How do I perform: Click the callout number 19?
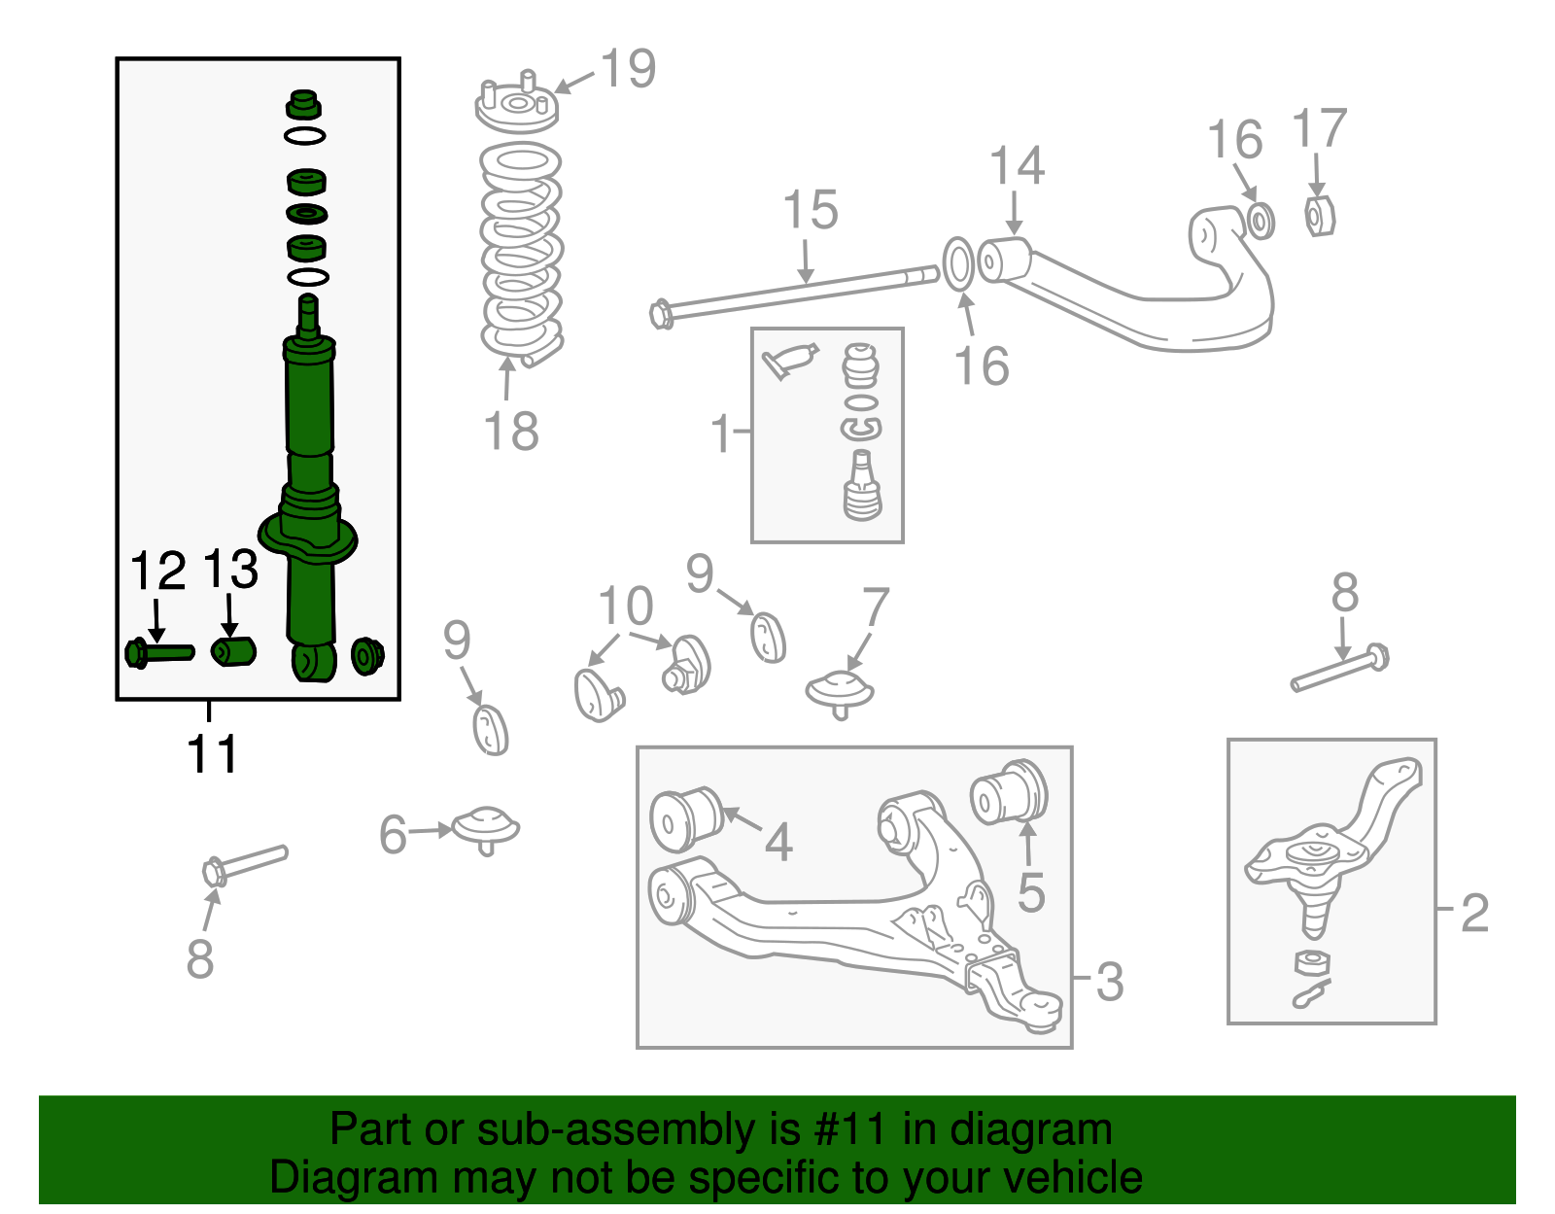click(628, 69)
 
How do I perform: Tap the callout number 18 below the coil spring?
click(510, 432)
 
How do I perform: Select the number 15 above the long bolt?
click(810, 211)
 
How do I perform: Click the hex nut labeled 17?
click(1319, 216)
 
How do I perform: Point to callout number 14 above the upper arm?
click(1017, 166)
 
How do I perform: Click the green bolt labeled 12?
click(158, 652)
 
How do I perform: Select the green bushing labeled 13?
click(233, 650)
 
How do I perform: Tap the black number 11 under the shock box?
click(212, 753)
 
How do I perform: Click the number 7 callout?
click(875, 608)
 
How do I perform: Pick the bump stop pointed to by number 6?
click(487, 829)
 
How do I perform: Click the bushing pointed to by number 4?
click(686, 818)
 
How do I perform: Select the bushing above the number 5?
click(1010, 791)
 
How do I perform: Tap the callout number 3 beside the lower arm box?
click(1109, 982)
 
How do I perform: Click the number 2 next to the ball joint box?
click(1474, 913)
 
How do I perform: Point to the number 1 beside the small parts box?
click(720, 434)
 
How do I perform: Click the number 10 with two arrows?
click(625, 607)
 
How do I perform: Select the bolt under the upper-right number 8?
click(1339, 670)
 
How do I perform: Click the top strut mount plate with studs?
click(517, 106)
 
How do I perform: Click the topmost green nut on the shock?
click(304, 102)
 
